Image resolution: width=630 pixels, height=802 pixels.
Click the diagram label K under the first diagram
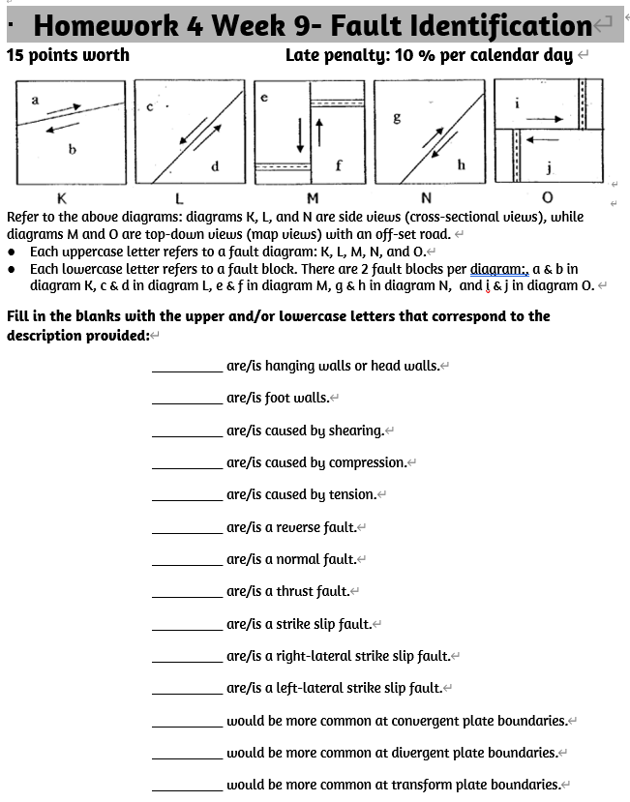click(62, 197)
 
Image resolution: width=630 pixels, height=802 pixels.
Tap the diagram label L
click(179, 197)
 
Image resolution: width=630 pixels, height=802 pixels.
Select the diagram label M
click(313, 197)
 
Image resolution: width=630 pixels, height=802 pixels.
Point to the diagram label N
click(427, 197)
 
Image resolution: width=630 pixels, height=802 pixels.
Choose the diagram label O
click(547, 197)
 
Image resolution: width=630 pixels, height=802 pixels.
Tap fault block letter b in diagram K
click(72, 149)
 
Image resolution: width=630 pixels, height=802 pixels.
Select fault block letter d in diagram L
click(214, 166)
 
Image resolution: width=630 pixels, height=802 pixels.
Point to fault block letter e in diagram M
click(264, 98)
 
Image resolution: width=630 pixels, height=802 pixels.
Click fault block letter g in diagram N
click(396, 118)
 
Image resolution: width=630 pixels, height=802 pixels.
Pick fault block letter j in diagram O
click(549, 168)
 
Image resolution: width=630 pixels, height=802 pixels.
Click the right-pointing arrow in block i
click(545, 118)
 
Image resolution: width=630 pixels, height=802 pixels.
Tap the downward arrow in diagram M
click(301, 135)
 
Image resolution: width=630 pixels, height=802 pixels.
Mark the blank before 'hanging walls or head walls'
click(187, 367)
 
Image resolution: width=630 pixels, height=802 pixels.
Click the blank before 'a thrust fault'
click(187, 591)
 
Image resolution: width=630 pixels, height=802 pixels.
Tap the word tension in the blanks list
click(351, 494)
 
